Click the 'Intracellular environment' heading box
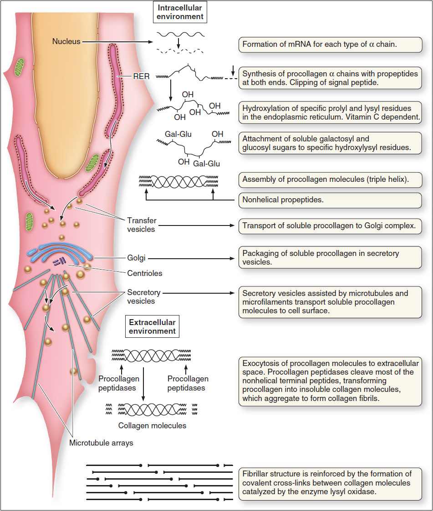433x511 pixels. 180,12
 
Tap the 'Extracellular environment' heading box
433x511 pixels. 152,327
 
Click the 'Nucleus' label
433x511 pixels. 66,41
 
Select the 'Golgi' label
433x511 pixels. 137,258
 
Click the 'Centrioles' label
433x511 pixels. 145,273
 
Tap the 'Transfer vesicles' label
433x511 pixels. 141,225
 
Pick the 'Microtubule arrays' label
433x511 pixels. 101,442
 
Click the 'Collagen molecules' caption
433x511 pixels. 152,426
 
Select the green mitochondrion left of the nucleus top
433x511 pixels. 20,66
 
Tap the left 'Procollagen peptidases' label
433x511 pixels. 117,383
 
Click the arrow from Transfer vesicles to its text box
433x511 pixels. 196,225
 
